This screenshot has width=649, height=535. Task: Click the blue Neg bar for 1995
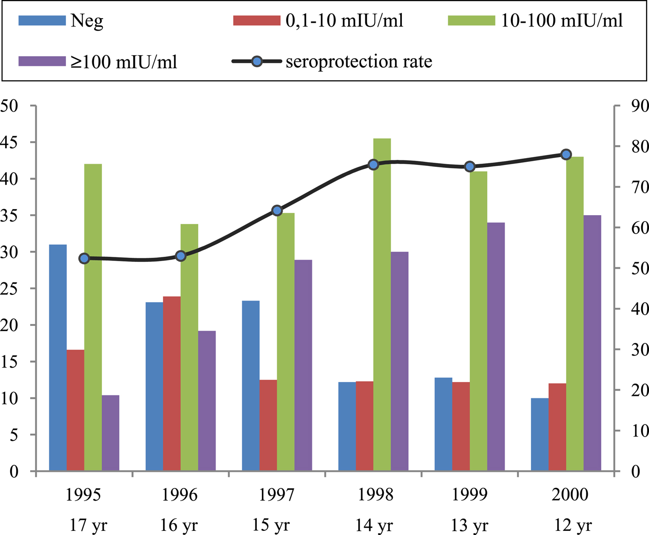coord(58,357)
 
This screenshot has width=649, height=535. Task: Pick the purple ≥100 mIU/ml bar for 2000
coord(592,343)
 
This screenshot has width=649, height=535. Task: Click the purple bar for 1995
coord(110,433)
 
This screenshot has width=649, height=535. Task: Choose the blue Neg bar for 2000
coord(540,434)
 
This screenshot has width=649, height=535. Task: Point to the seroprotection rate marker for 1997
coord(277,210)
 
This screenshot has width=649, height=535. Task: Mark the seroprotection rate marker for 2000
coord(566,154)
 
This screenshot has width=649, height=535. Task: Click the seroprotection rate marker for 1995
coord(84,259)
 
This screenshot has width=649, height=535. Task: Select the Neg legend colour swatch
coord(42,21)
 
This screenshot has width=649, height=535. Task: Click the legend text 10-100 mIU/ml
coord(562,21)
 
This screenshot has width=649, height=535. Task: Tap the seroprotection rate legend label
coord(359,62)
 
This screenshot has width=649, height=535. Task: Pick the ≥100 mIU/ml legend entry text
coord(124,62)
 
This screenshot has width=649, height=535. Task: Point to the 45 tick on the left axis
coord(9,142)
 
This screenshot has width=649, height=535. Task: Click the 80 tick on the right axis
coord(640,146)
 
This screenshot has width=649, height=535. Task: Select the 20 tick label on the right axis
coord(640,390)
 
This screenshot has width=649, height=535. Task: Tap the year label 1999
coord(470,495)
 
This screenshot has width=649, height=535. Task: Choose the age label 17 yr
coord(88,526)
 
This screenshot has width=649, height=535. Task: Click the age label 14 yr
coord(374,526)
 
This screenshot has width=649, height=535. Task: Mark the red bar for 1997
coord(268,425)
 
